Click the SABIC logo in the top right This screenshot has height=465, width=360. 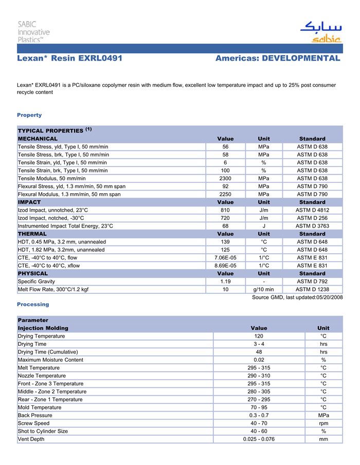[x=320, y=32]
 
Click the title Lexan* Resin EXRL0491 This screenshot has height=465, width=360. [x=69, y=59]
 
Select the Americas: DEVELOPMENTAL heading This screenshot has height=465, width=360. [x=278, y=59]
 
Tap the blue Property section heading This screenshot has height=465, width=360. [x=29, y=115]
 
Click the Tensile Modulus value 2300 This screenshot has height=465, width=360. [x=225, y=178]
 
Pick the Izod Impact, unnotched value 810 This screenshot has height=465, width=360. [x=225, y=210]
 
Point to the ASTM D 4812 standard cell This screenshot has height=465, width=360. [x=312, y=210]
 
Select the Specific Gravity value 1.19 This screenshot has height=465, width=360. [x=225, y=282]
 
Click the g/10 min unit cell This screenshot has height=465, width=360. [x=263, y=289]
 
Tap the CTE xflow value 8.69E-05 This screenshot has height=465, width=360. [x=225, y=266]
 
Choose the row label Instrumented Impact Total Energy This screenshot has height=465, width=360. [x=65, y=226]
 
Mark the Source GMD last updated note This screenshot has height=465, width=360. [x=297, y=297]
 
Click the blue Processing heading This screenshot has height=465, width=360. [x=33, y=305]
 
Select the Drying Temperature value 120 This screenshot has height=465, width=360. [x=259, y=336]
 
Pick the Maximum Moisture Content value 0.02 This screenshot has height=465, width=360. [x=259, y=360]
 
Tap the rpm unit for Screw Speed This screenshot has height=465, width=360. [x=323, y=423]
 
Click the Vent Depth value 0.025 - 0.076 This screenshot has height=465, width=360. [x=259, y=439]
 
